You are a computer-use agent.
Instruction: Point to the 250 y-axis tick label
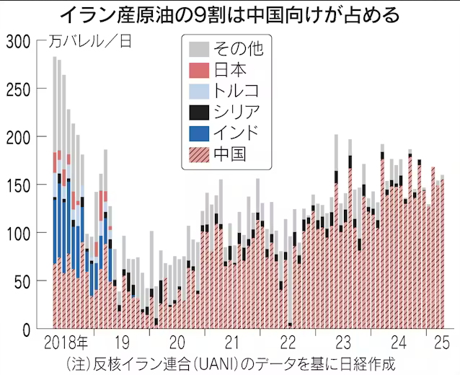coord(17,89)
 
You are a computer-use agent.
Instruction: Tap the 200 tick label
coord(17,137)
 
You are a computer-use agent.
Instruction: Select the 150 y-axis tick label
coord(17,185)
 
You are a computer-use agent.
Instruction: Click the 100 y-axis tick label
coord(17,233)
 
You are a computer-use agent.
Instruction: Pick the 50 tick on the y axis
coord(21,281)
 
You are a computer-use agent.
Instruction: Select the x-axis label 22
coord(288,340)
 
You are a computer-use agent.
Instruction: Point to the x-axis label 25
coord(441,340)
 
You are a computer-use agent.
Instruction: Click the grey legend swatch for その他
coord(199,49)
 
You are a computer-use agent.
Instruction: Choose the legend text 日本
coord(231,70)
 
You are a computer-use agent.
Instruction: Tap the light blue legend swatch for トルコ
coord(199,91)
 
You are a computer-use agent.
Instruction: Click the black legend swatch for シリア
coord(199,112)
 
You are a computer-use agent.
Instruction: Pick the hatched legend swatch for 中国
coord(199,154)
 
